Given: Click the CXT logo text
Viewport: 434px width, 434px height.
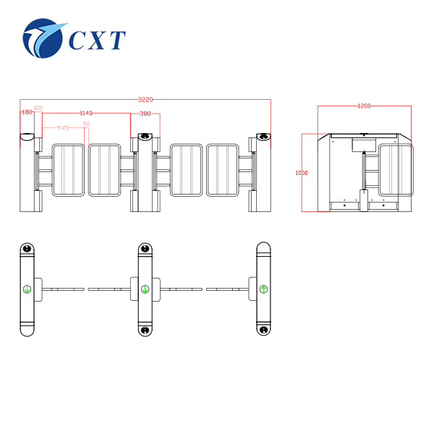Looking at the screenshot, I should tap(97, 40).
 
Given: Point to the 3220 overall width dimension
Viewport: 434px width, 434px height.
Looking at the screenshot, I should tap(145, 100).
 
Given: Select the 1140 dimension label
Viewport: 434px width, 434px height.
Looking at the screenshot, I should tap(86, 113).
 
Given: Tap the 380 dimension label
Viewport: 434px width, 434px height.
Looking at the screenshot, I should tap(145, 114).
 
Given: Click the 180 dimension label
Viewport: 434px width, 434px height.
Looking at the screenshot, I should tap(27, 112).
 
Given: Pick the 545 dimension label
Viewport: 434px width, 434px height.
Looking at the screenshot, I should tap(63, 127).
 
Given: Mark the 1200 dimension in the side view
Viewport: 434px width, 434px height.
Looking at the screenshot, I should tap(365, 106).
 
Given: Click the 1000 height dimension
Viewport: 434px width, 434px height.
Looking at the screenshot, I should tap(302, 173).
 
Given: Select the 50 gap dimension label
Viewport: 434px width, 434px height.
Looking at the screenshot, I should tap(86, 124).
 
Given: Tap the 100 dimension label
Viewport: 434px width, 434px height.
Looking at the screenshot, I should tap(38, 108).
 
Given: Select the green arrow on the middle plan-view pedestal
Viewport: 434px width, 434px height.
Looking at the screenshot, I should tap(145, 289).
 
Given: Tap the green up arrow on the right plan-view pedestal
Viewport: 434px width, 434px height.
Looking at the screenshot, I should tap(264, 289).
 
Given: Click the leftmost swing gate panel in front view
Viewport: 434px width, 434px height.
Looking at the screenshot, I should tap(69, 170).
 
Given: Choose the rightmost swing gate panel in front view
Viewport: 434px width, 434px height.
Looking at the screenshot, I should tap(223, 170).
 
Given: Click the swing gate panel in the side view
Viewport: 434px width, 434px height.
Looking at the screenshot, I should tap(395, 170).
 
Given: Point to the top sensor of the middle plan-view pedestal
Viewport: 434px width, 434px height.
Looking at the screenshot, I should tap(145, 250).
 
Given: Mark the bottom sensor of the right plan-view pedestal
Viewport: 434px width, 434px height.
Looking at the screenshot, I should tap(264, 331).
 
